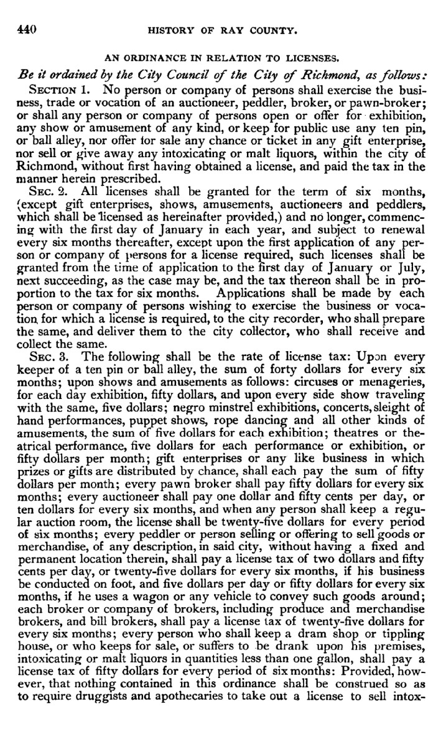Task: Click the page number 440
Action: click(27, 29)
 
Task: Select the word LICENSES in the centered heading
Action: click(309, 60)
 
